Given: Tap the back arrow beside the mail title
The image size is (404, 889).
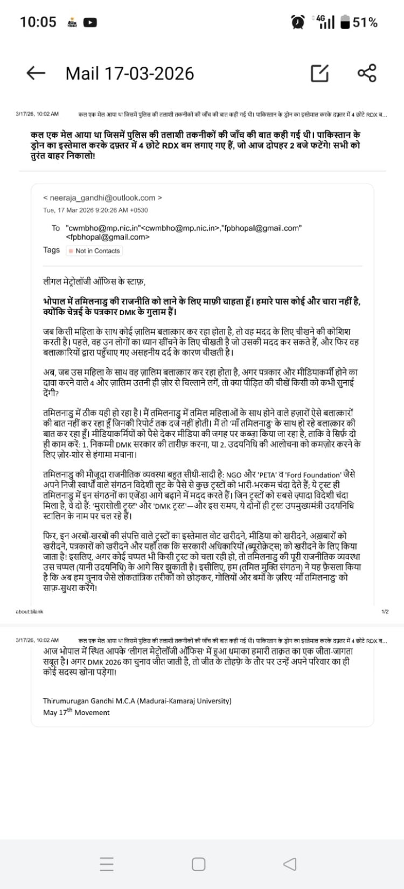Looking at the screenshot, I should [36, 73].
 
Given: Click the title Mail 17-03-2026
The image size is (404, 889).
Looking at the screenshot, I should [129, 73].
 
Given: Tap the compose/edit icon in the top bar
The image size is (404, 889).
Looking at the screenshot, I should [319, 73].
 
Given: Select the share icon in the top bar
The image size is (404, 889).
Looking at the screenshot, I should [367, 73].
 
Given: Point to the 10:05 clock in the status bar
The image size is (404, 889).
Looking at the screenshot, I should [38, 22].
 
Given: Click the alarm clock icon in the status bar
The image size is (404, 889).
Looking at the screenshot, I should [297, 22].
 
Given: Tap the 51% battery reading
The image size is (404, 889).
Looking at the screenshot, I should [365, 23].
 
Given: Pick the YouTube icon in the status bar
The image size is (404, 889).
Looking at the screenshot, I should [90, 22].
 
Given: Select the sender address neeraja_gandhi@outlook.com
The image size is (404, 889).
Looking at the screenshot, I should [102, 198].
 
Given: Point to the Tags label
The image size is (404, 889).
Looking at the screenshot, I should [52, 250].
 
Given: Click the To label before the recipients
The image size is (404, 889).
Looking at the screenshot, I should [55, 228].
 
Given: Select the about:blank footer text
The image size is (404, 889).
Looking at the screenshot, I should [30, 611].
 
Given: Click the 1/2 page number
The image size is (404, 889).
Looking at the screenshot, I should [385, 611].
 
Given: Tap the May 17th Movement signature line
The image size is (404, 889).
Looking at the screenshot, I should [76, 712].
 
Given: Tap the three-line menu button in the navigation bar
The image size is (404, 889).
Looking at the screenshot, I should [107, 864].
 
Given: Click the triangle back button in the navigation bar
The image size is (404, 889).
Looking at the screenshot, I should [290, 864].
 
